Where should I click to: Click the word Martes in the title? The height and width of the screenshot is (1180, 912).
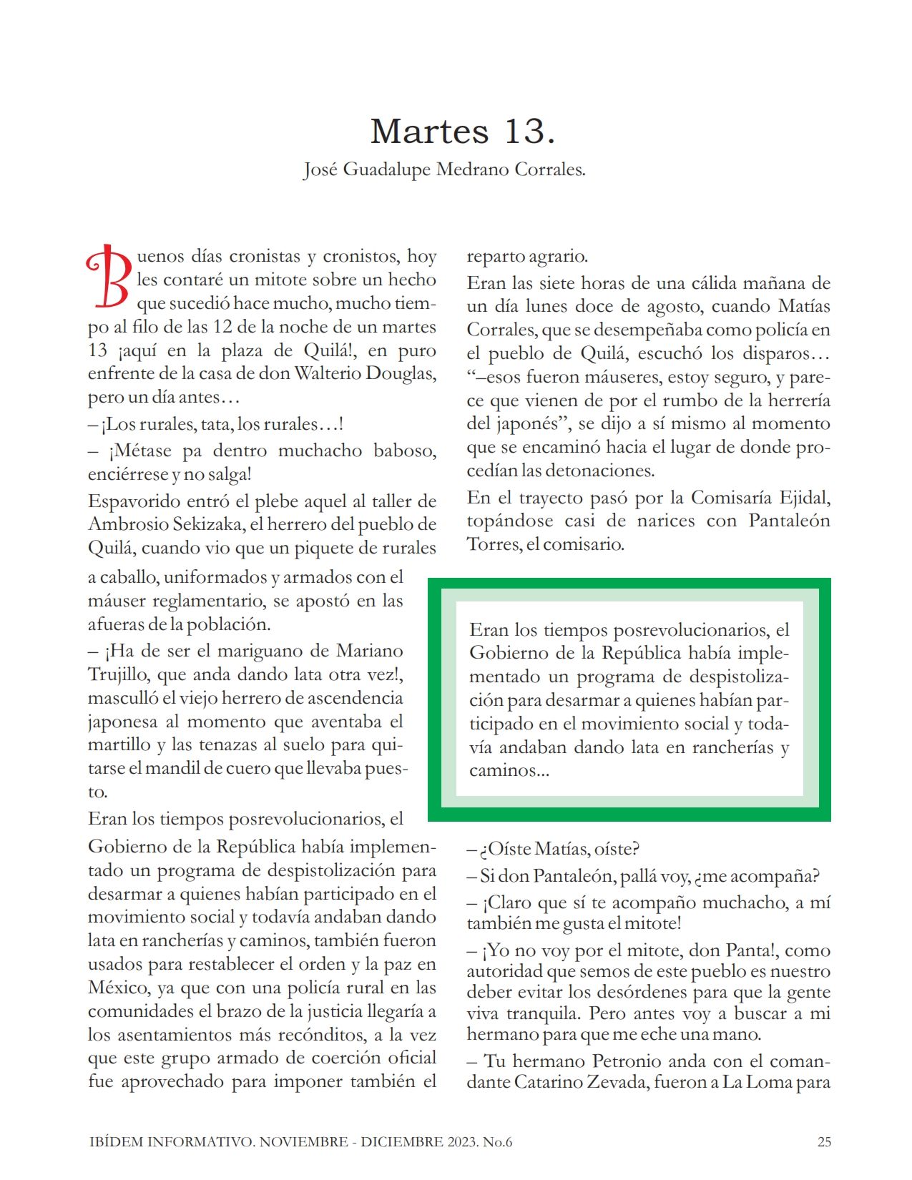[x=429, y=132]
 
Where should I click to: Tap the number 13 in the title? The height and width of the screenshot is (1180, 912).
[x=529, y=132]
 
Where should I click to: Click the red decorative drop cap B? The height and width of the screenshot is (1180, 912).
[x=109, y=277]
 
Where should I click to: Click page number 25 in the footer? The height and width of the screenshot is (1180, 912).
[x=824, y=1142]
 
